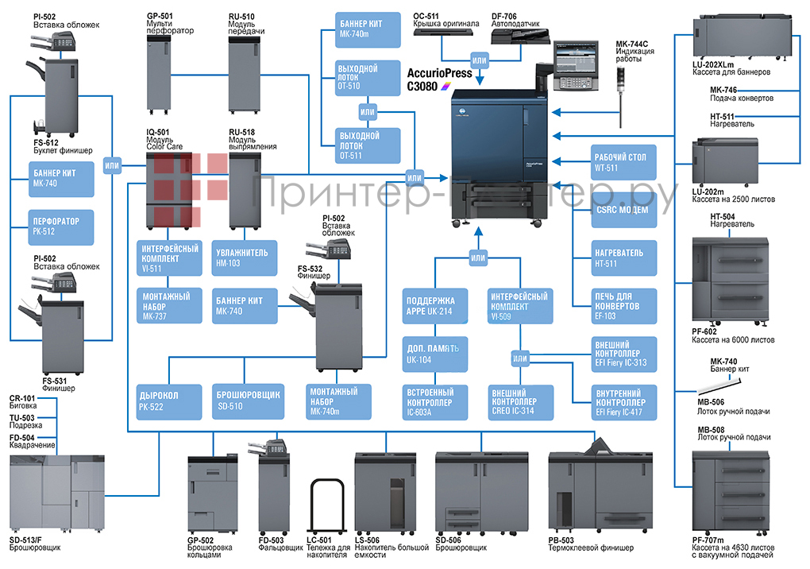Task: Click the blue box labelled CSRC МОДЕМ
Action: (625, 210)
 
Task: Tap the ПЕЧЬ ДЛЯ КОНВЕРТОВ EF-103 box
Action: (625, 305)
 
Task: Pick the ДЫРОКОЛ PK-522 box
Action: (168, 401)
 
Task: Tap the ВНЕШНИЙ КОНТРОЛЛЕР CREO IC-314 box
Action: (519, 401)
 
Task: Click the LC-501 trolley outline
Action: (328, 508)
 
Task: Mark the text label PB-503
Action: (562, 540)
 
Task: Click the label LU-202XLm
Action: (714, 64)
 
